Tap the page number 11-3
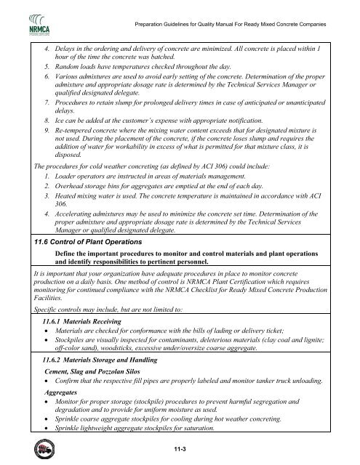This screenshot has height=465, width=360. [179, 450]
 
